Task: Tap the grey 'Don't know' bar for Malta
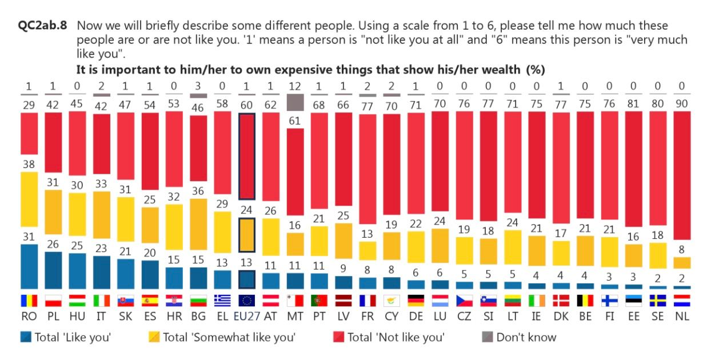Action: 295,102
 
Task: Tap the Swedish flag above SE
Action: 657,300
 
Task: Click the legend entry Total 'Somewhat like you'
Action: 223,337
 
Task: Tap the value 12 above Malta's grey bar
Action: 295,87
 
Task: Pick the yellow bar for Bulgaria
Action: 198,233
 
